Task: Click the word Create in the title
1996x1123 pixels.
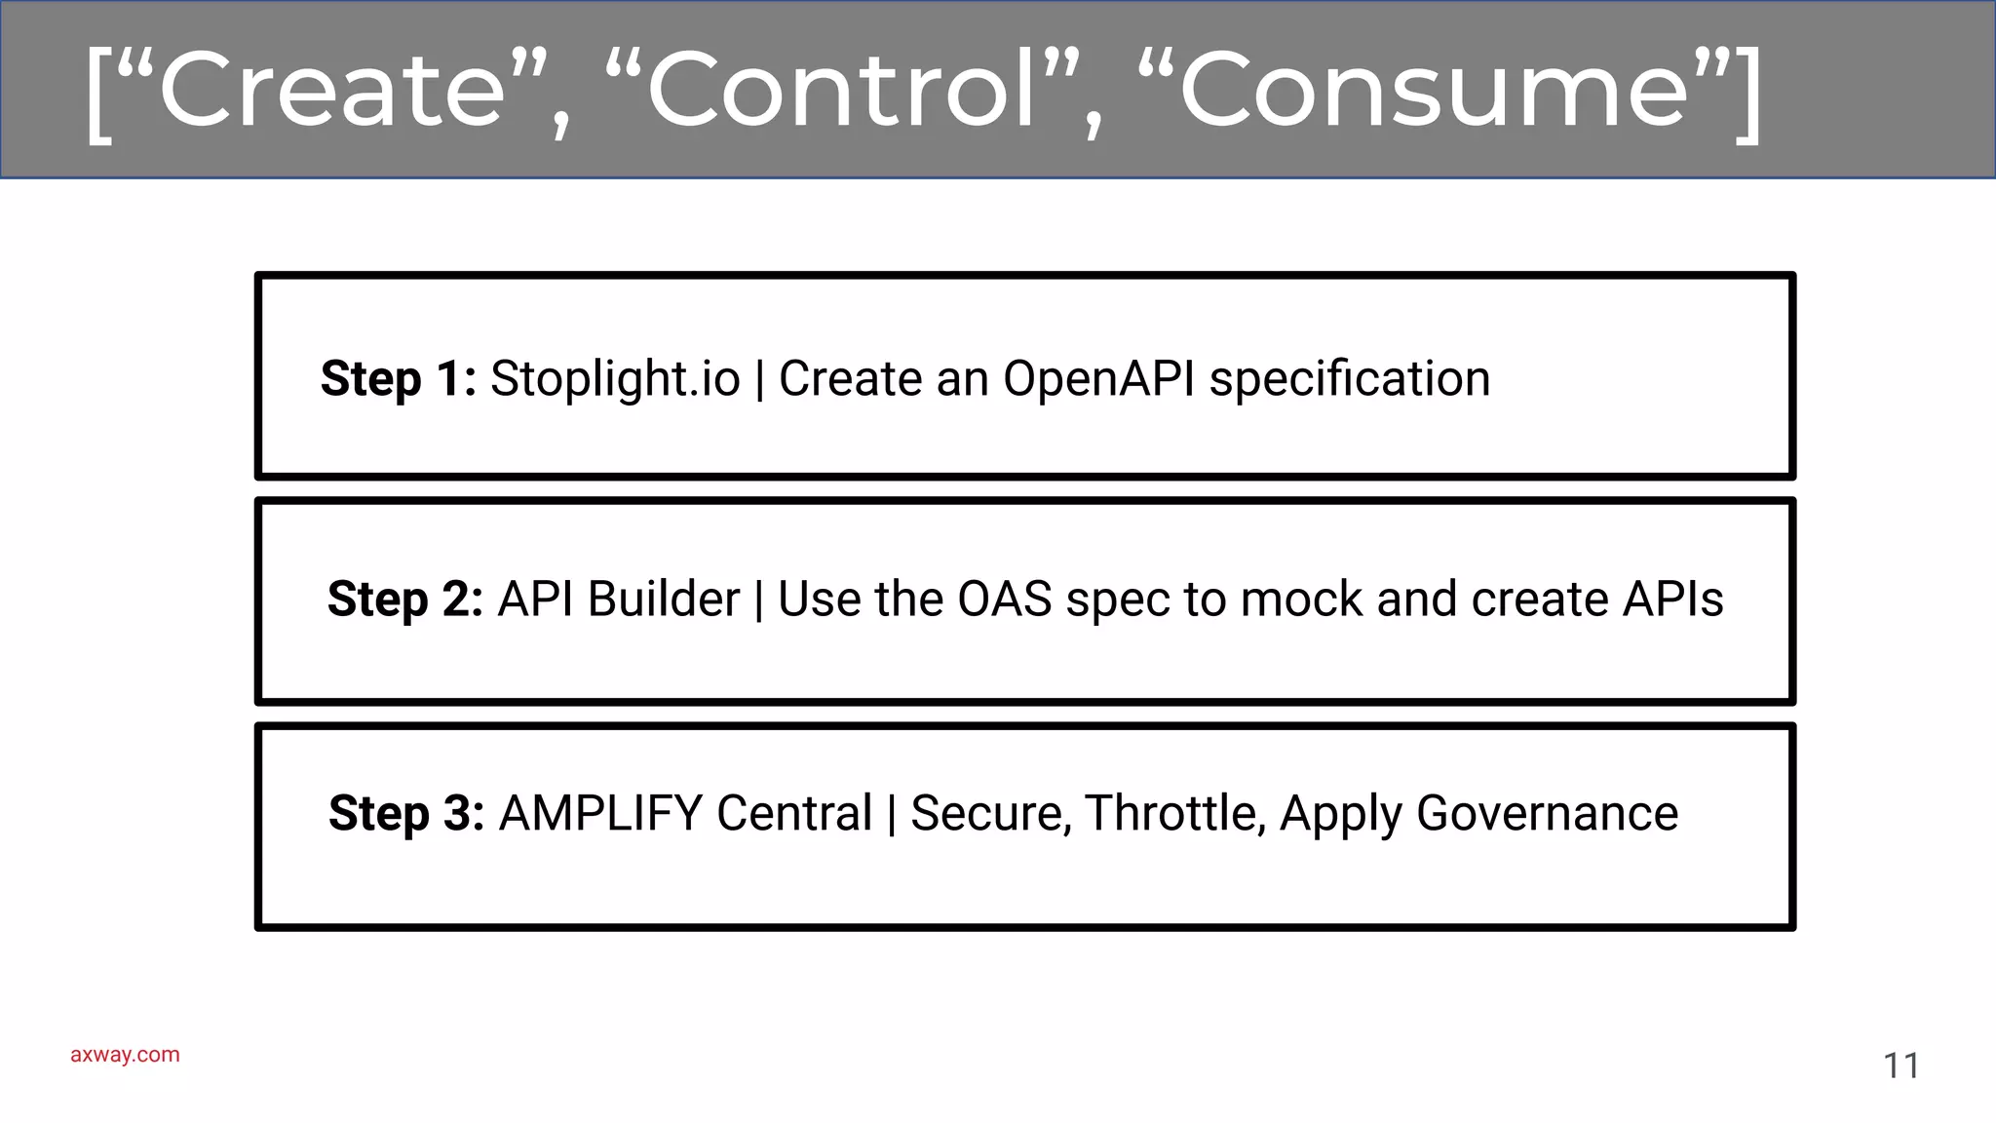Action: (332, 91)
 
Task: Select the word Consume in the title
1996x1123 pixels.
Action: (1433, 91)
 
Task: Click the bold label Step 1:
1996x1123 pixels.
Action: (398, 379)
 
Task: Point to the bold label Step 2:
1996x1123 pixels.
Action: (404, 600)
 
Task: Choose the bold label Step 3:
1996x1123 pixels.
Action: (406, 814)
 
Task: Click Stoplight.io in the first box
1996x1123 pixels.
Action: (615, 379)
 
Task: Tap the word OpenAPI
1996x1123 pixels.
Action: (1098, 379)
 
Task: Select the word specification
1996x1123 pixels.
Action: (1350, 379)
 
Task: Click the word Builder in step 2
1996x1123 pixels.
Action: (664, 600)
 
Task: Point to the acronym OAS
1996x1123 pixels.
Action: (1004, 600)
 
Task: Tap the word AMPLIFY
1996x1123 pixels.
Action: (600, 814)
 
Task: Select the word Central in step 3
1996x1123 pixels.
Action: (794, 814)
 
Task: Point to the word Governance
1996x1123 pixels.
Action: (1547, 814)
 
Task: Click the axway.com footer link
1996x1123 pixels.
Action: (125, 1055)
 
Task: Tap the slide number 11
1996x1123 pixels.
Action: (1900, 1065)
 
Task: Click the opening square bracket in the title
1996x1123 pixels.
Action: (97, 95)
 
